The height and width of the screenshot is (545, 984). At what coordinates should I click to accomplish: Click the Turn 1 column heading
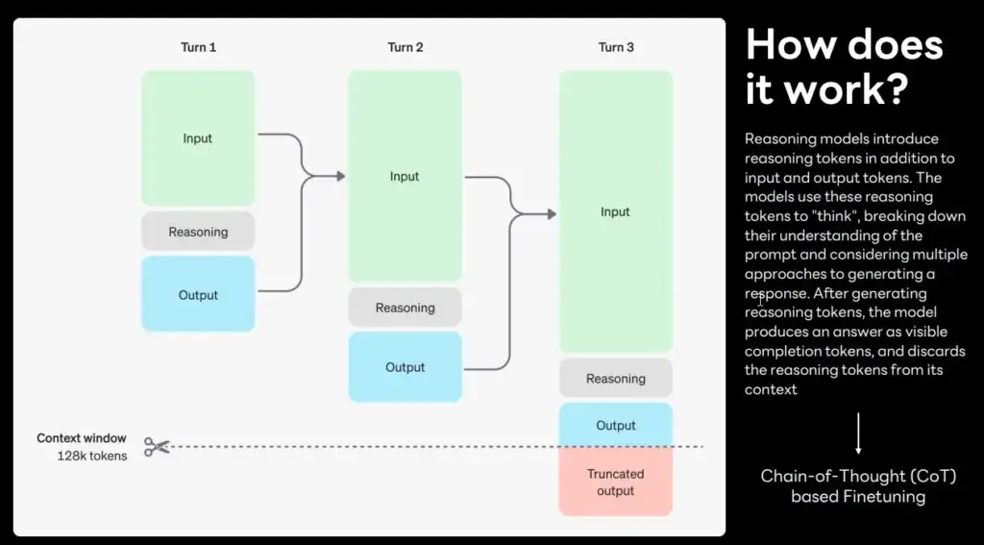pyautogui.click(x=198, y=47)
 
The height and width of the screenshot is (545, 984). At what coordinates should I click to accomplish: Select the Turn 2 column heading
pyautogui.click(x=406, y=47)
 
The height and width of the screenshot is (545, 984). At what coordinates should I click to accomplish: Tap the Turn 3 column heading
pyautogui.click(x=616, y=47)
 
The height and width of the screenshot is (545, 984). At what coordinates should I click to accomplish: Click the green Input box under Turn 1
pyautogui.click(x=198, y=138)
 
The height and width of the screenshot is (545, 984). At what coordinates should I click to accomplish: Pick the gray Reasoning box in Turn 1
pyautogui.click(x=198, y=232)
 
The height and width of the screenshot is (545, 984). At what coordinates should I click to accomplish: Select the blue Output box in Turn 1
pyautogui.click(x=198, y=294)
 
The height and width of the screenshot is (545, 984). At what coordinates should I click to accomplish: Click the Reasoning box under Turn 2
pyautogui.click(x=406, y=308)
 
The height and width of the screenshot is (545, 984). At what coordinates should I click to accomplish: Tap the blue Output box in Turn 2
pyautogui.click(x=406, y=367)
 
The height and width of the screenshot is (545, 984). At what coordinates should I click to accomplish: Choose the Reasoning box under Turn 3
pyautogui.click(x=616, y=379)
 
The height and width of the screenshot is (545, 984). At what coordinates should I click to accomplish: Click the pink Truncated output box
pyautogui.click(x=616, y=482)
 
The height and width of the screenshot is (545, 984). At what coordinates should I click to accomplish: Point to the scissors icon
pyautogui.click(x=157, y=446)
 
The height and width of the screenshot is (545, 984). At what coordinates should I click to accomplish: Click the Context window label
pyautogui.click(x=82, y=438)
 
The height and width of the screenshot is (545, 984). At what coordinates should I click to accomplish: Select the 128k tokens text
pyautogui.click(x=92, y=456)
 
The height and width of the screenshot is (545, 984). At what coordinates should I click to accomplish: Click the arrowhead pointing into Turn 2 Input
pyautogui.click(x=341, y=177)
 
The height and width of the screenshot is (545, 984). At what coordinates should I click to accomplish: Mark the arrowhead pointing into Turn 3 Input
pyautogui.click(x=552, y=214)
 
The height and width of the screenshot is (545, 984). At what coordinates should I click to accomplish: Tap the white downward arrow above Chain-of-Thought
pyautogui.click(x=858, y=434)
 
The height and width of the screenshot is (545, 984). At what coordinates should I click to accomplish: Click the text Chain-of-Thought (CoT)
pyautogui.click(x=858, y=477)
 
